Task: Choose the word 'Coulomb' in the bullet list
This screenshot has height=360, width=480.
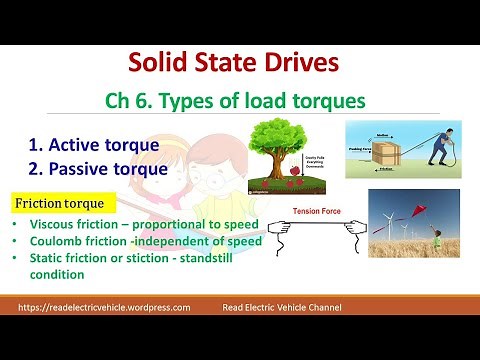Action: coord(60,240)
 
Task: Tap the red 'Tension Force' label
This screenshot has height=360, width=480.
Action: coord(318,212)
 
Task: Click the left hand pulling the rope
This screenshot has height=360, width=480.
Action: coord(270,237)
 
